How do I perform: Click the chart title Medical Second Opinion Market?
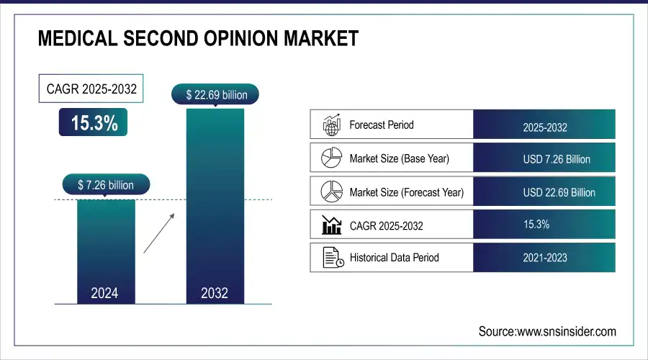[197, 38]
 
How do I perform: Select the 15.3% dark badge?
[94, 123]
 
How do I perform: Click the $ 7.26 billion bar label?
[106, 185]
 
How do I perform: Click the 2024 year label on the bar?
[104, 293]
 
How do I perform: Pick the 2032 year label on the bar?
[215, 293]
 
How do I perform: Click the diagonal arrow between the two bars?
[158, 233]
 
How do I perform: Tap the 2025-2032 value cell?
[544, 127]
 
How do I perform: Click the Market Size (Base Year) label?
[399, 158]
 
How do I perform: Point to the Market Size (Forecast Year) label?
[406, 192]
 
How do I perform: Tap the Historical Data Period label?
[394, 257]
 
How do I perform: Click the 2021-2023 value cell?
[544, 257]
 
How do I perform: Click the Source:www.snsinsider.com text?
[547, 331]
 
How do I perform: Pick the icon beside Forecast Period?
[330, 125]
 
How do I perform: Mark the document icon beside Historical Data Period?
[330, 257]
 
